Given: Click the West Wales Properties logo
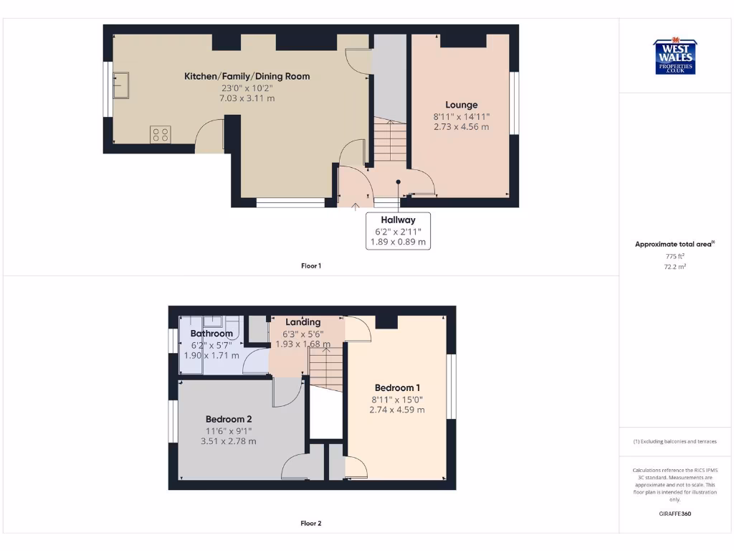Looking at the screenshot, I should click(x=675, y=56).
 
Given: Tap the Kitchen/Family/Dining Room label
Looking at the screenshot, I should click(x=247, y=76).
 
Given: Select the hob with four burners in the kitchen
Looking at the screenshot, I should click(x=161, y=134).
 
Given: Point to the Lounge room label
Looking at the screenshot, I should click(x=461, y=105).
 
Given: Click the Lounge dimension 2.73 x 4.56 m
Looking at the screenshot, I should click(x=461, y=127).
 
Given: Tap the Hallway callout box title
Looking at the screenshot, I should click(x=398, y=220).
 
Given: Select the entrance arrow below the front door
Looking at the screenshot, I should click(x=356, y=207).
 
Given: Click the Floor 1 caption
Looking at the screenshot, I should click(x=311, y=266).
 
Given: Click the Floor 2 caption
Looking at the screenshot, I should click(x=311, y=524).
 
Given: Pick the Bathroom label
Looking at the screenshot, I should click(x=211, y=334).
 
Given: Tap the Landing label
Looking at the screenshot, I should click(x=302, y=322).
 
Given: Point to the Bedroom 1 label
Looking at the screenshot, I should click(x=397, y=388).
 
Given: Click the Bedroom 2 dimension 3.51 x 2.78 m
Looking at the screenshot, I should click(x=228, y=441).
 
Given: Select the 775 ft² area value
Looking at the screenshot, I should click(x=675, y=256).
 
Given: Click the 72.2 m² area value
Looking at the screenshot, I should click(x=675, y=266).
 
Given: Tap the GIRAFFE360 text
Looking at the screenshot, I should click(x=675, y=514).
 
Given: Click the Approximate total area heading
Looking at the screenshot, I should click(x=674, y=245).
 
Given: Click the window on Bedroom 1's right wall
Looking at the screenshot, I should click(x=452, y=386).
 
